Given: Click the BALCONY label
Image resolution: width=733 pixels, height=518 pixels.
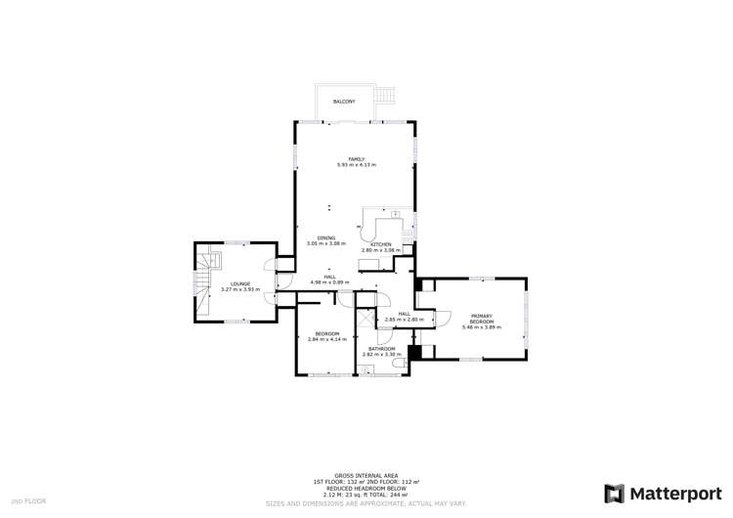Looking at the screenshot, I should pyautogui.click(x=343, y=102).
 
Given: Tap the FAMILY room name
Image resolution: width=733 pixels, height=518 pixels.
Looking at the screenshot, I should pyautogui.click(x=357, y=159).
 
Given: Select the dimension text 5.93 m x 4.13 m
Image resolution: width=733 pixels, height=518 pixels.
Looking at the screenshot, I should pyautogui.click(x=357, y=165).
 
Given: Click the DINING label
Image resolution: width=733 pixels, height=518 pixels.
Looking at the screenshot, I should pyautogui.click(x=326, y=237).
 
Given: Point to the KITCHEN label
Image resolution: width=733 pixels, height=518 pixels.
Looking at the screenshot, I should pyautogui.click(x=381, y=244).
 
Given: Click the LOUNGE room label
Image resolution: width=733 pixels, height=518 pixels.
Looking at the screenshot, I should pyautogui.click(x=240, y=284).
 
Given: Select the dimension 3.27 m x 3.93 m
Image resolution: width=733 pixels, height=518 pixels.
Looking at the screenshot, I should pyautogui.click(x=240, y=290).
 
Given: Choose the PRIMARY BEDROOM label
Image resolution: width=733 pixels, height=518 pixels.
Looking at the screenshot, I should pyautogui.click(x=481, y=319).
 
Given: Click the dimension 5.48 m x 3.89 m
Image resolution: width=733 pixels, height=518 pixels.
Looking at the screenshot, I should pyautogui.click(x=481, y=327).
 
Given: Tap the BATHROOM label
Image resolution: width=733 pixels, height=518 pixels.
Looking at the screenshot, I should pyautogui.click(x=381, y=349).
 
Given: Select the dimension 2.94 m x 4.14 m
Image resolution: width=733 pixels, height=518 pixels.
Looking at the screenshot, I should pyautogui.click(x=326, y=339).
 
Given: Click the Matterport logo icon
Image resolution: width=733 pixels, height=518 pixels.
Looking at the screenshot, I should pyautogui.click(x=614, y=493).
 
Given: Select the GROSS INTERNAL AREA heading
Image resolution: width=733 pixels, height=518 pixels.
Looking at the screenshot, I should pyautogui.click(x=366, y=476).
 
